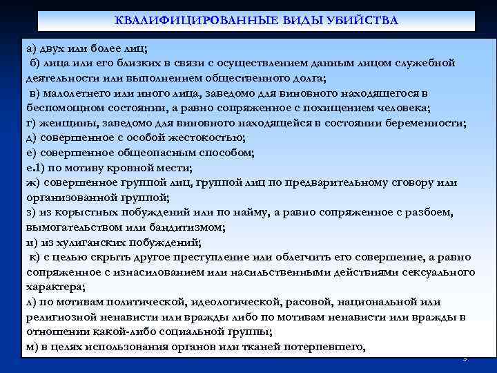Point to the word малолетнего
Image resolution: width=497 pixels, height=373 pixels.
(x=80, y=93)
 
